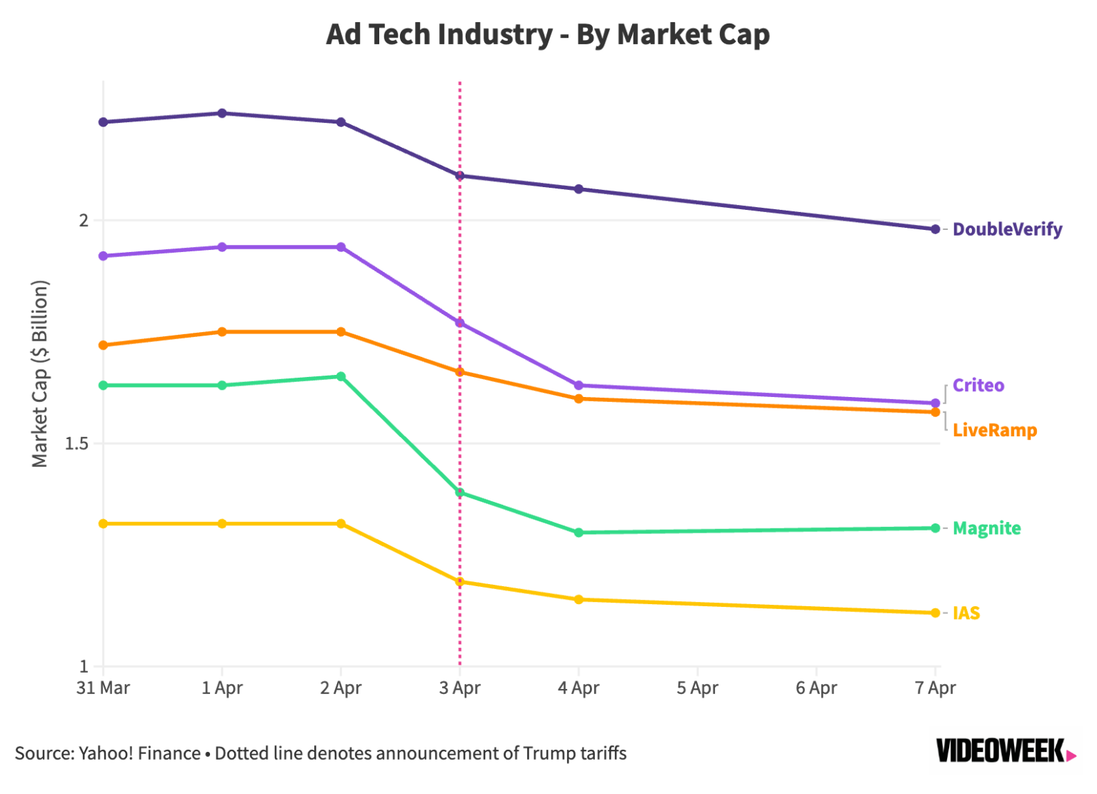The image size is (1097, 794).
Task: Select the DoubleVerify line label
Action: (x=1007, y=229)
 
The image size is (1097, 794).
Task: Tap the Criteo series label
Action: (x=978, y=386)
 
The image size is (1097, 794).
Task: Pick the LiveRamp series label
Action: (x=994, y=431)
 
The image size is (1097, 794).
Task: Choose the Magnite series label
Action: (x=986, y=528)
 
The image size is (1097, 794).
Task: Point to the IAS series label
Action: (x=966, y=613)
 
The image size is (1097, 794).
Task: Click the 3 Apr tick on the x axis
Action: (x=460, y=688)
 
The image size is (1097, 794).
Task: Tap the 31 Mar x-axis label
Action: (x=104, y=688)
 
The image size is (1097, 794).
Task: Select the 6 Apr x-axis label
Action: (x=816, y=688)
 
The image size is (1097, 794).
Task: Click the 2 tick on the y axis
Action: (x=84, y=220)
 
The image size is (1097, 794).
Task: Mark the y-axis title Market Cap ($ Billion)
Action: (x=40, y=373)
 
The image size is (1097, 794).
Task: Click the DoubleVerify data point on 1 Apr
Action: (x=222, y=113)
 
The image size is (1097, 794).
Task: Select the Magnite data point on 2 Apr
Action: (x=341, y=376)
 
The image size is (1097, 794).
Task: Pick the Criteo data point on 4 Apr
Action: (x=578, y=386)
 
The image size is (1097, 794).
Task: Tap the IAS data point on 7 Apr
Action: (x=935, y=613)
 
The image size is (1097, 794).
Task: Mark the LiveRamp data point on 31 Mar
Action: (x=104, y=346)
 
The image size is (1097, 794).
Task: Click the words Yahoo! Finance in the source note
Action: (x=140, y=753)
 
